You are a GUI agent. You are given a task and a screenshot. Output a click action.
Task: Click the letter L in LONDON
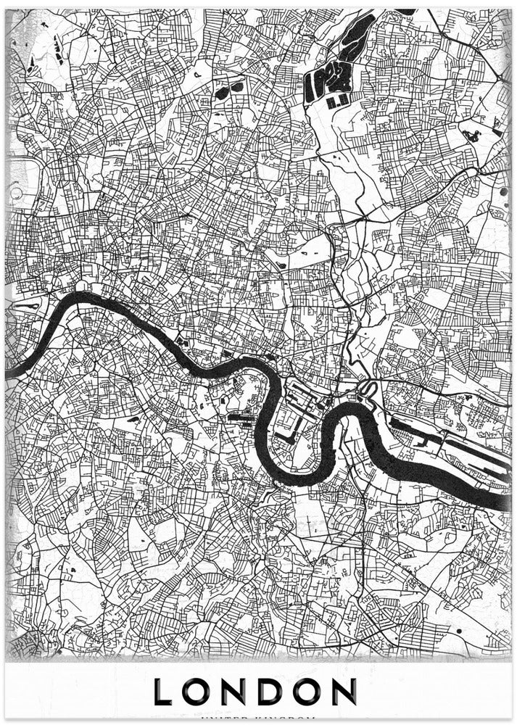(162, 692)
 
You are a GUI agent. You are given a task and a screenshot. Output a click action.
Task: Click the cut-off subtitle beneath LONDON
(258, 720)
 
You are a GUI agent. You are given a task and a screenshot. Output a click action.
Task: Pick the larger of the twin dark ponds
(237, 87)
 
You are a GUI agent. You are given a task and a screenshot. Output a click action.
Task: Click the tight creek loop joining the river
(366, 389)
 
